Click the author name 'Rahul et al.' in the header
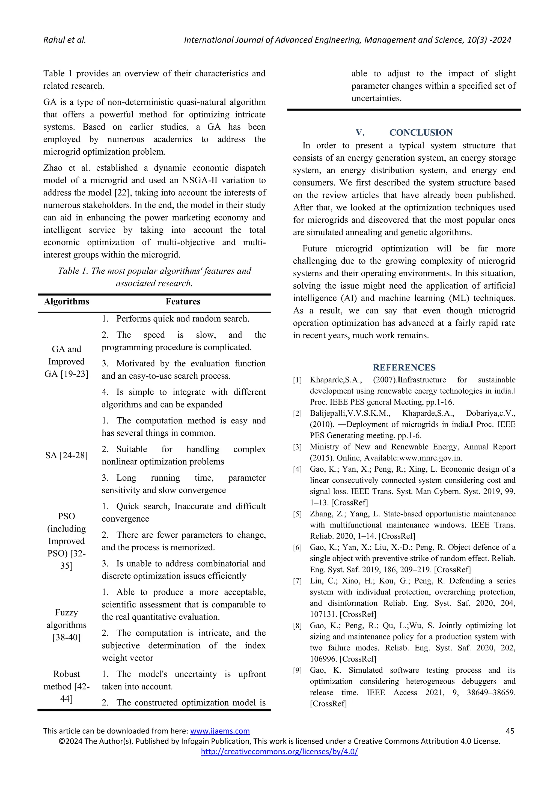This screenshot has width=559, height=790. [x=64, y=40]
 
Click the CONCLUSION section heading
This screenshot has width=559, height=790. [x=421, y=133]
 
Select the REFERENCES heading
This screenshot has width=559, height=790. [x=404, y=367]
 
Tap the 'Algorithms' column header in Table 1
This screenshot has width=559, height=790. [x=66, y=301]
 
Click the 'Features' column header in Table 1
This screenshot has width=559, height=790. [x=183, y=301]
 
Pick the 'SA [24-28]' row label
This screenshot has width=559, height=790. [x=66, y=455]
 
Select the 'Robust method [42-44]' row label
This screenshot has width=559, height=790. [x=66, y=686]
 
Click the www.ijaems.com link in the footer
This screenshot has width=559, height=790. [x=220, y=731]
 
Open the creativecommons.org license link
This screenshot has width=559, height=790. [x=279, y=752]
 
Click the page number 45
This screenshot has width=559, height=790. [x=510, y=731]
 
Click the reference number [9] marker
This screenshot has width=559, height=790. [x=298, y=671]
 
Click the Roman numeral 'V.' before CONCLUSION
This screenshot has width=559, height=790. [x=360, y=133]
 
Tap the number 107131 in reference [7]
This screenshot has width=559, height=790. [x=323, y=614]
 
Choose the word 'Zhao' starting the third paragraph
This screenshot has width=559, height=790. [x=53, y=168]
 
